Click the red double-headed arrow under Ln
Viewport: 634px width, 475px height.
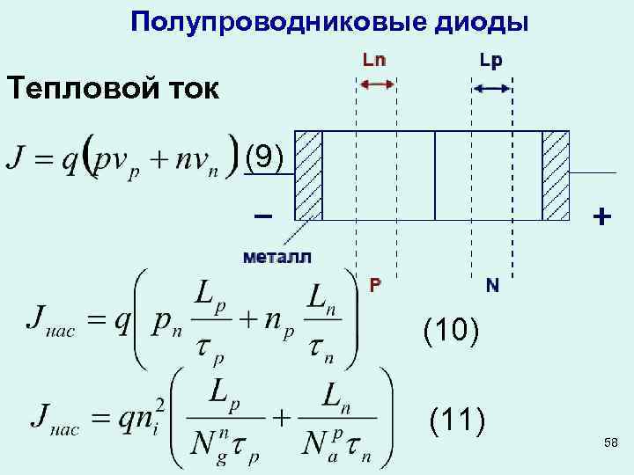[x=376, y=84]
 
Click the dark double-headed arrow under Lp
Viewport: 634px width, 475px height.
[x=491, y=88]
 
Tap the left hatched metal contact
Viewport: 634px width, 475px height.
[x=308, y=175]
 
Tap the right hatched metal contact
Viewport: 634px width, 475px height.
[x=556, y=175]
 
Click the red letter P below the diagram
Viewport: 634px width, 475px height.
[x=375, y=285]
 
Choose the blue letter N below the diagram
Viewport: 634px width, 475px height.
[x=491, y=285]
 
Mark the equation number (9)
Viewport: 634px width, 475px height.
[x=264, y=157]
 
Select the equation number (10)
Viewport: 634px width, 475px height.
[x=451, y=332]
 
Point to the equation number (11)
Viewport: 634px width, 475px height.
[x=456, y=421]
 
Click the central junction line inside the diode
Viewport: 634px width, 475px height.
[x=435, y=175]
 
